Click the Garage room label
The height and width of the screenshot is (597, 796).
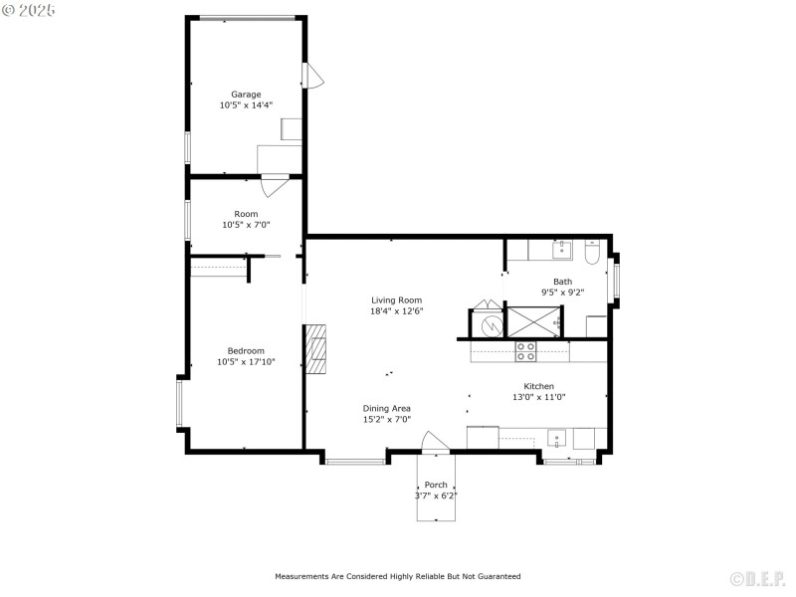tap(246, 95)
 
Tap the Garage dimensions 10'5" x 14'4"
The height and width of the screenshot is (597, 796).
tap(246, 104)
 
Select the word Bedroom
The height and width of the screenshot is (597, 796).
tap(246, 350)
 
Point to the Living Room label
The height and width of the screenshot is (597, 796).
tap(396, 299)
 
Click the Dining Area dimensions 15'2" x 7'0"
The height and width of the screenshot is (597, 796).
tap(386, 419)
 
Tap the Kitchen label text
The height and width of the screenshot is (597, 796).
tap(538, 386)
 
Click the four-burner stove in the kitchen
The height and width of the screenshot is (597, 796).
tap(525, 350)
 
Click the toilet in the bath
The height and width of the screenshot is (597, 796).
tap(592, 255)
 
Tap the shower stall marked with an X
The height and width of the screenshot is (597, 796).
tap(533, 322)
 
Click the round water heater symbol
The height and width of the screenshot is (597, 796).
tap(491, 324)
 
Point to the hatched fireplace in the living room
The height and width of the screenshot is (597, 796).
tap(315, 349)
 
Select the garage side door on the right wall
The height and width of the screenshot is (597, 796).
tap(313, 76)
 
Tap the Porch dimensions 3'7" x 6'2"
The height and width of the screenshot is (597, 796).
tap(436, 495)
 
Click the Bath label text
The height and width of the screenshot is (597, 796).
tap(562, 282)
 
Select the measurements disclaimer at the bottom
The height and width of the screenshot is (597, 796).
tap(397, 576)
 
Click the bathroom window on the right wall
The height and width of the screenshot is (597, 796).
tap(616, 280)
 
